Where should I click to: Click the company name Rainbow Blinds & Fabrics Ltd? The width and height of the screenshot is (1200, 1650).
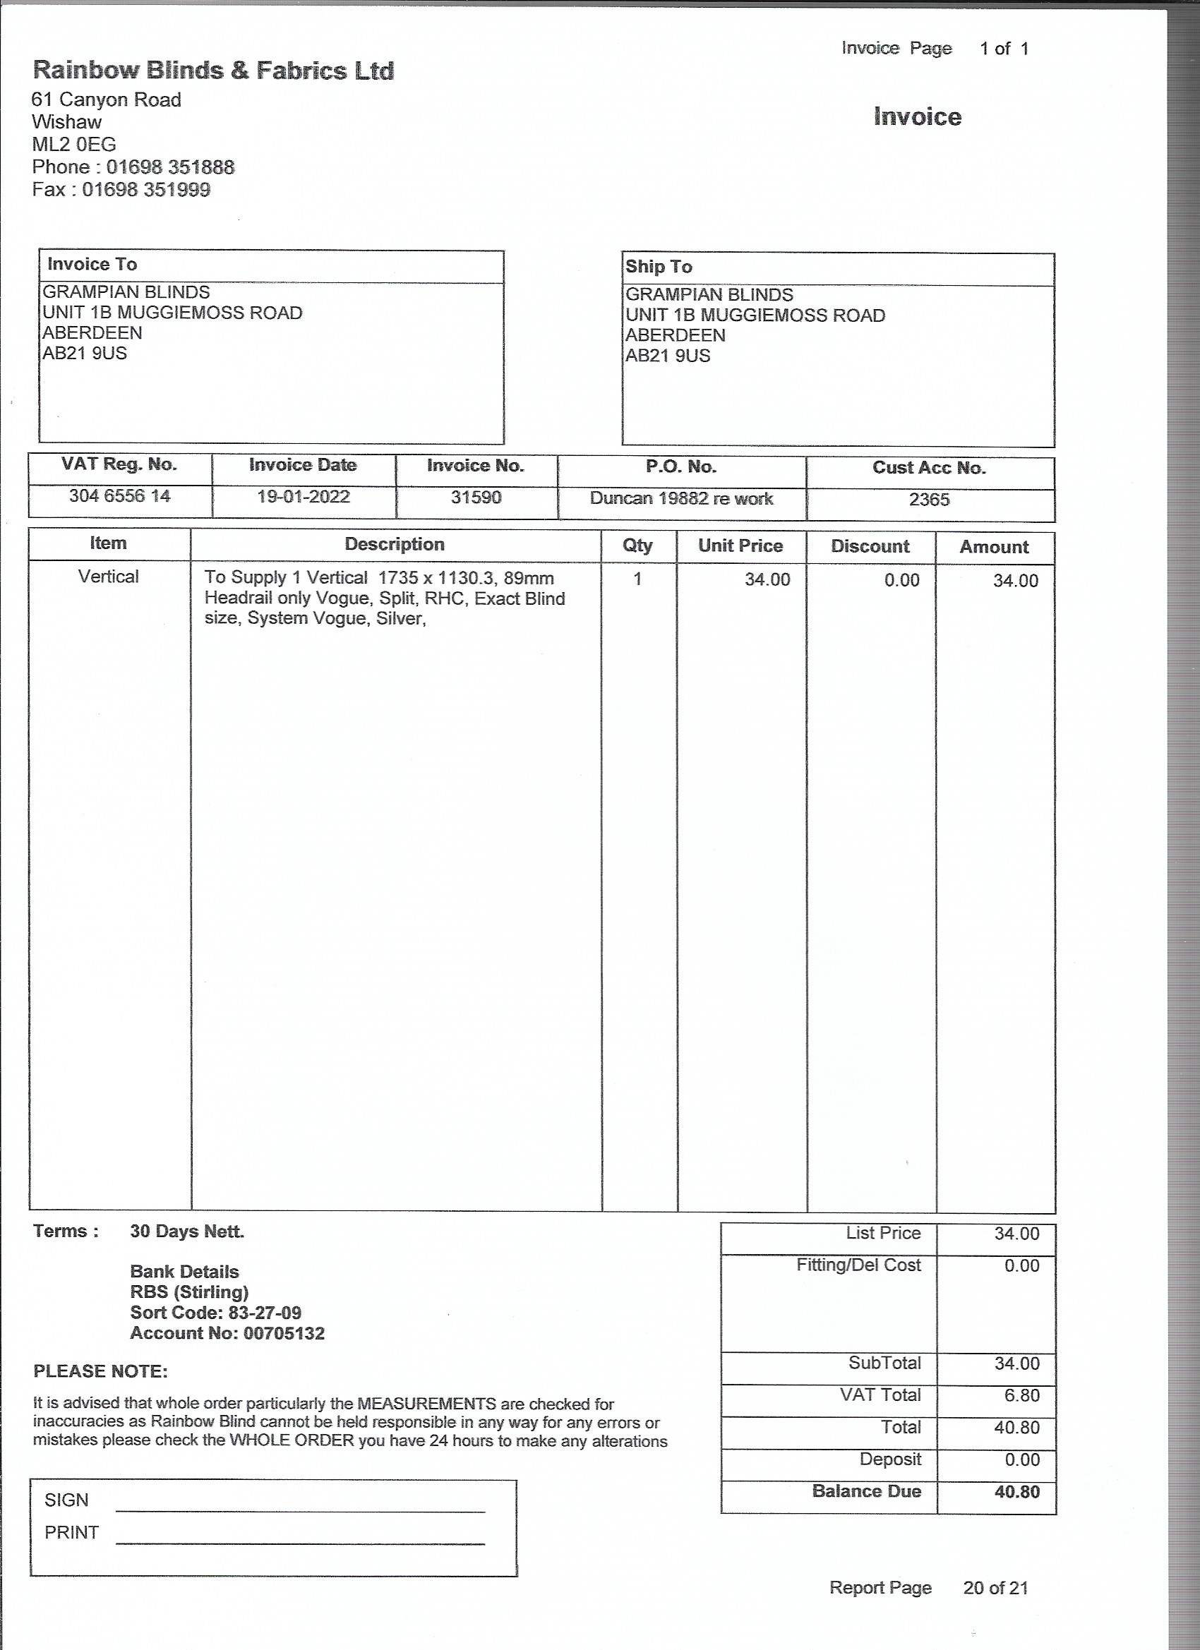pos(213,71)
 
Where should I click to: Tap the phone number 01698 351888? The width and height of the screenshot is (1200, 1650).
pos(170,167)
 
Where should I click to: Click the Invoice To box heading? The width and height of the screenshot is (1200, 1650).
pos(92,264)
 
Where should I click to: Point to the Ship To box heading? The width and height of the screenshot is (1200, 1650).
pos(659,266)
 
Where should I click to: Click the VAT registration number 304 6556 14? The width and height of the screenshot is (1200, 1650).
pos(119,496)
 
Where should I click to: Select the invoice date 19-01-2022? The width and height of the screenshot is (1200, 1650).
pos(304,497)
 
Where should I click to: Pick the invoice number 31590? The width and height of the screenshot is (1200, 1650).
pos(476,498)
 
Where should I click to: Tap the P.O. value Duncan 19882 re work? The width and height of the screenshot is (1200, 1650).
pos(681,499)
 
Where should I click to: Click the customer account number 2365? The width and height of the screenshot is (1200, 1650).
pos(929,500)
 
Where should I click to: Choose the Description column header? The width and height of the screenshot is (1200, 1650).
pos(395,544)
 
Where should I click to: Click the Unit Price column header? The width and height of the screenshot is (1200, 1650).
pos(740,546)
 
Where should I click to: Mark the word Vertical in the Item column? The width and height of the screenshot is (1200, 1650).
pos(109,577)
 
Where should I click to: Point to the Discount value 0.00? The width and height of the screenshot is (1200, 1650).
pos(901,581)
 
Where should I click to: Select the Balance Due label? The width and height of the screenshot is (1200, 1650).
pos(866,1491)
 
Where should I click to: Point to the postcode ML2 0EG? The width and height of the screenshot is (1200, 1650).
pos(74,145)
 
